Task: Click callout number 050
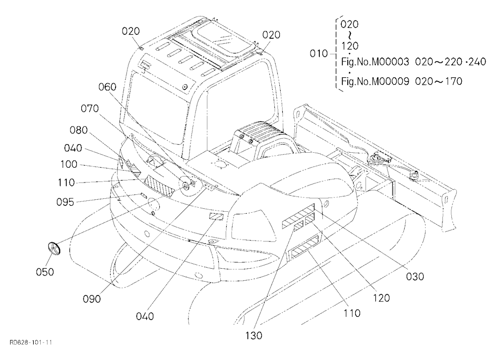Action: (x=45, y=272)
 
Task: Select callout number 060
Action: (x=107, y=87)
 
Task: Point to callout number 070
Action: (x=90, y=109)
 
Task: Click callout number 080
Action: (x=78, y=130)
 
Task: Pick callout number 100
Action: (x=68, y=164)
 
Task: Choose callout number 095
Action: (x=65, y=202)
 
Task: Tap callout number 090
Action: (x=92, y=299)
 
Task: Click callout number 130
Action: (x=253, y=336)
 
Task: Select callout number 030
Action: (x=415, y=277)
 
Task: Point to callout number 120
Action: (x=381, y=298)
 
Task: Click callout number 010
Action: (x=318, y=54)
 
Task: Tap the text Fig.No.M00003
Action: (x=375, y=61)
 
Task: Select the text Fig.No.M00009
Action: (x=375, y=81)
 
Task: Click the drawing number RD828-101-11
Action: (x=31, y=342)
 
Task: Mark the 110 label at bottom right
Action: (x=352, y=313)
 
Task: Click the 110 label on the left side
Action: (x=66, y=182)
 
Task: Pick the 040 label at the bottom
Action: (x=145, y=316)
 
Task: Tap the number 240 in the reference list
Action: (x=477, y=61)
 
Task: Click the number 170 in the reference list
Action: (x=454, y=81)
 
